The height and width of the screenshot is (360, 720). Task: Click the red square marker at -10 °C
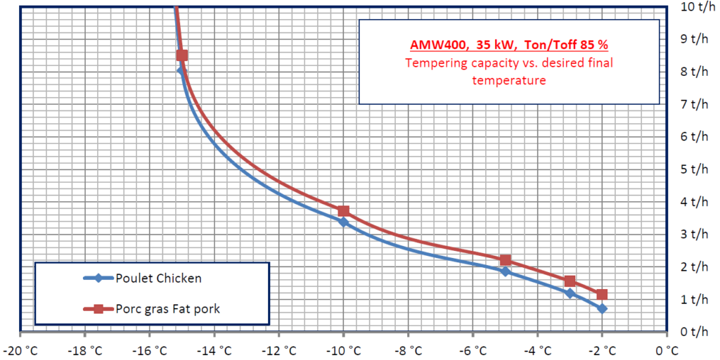(343, 211)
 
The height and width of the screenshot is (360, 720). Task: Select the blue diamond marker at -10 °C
(343, 222)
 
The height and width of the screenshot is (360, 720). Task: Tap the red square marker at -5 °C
(506, 260)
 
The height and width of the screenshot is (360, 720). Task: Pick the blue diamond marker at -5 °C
(506, 271)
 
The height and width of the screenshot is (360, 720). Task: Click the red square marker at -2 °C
(602, 294)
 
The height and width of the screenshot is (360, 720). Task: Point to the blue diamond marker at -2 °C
(602, 309)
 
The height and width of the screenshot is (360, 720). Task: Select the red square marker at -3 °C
(570, 281)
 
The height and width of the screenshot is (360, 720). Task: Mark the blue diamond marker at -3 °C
(570, 294)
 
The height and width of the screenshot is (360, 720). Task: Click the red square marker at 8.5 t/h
(182, 56)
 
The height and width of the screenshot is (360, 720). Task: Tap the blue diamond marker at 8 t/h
(181, 71)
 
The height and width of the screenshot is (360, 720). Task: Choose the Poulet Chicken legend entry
(159, 278)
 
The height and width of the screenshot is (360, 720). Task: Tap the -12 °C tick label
(278, 349)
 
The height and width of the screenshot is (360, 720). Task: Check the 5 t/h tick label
(695, 169)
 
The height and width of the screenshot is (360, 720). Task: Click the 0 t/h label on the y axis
(695, 331)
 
